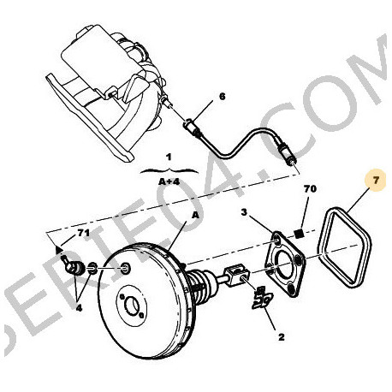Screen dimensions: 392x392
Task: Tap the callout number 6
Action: click(221, 97)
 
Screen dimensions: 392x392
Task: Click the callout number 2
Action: click(280, 337)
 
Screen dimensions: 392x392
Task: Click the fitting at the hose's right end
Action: click(292, 157)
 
